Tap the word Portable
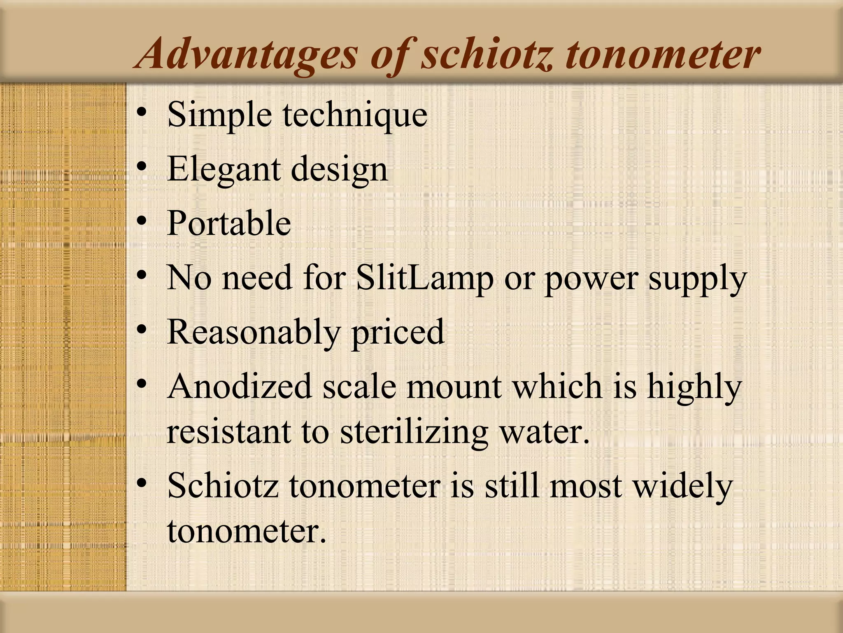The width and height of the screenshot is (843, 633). [229, 223]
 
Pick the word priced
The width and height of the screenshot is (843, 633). [398, 333]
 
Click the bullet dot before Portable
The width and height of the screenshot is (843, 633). [142, 222]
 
